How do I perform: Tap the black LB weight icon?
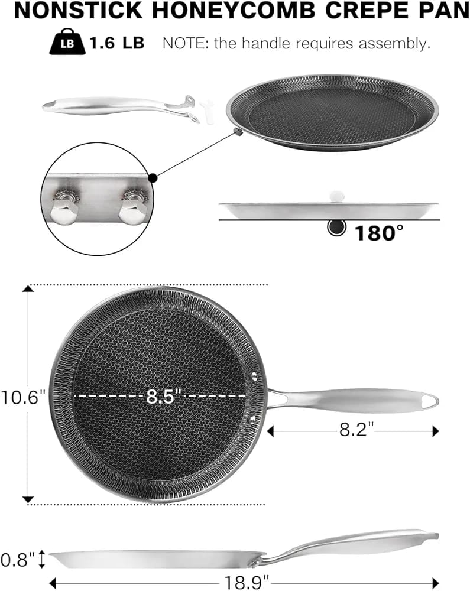67,41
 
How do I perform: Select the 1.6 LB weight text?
117,43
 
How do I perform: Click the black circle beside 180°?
336,228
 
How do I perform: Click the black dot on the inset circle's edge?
153,178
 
